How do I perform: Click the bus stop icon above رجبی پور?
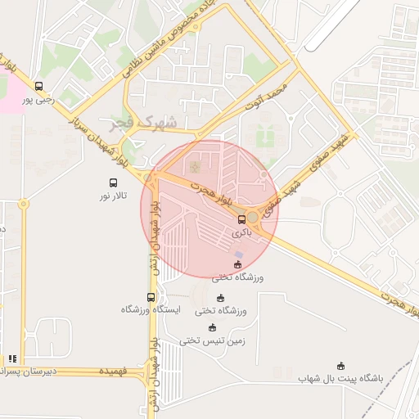[x=38, y=86]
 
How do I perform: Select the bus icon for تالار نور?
[x=112, y=182]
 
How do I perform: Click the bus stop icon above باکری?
[x=241, y=219]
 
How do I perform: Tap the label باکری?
[x=240, y=232]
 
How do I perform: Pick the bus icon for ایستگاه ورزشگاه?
[x=150, y=296]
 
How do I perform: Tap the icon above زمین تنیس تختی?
[x=213, y=327]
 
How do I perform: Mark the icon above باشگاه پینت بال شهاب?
[x=341, y=366]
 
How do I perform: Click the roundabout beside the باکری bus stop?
[x=254, y=217]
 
